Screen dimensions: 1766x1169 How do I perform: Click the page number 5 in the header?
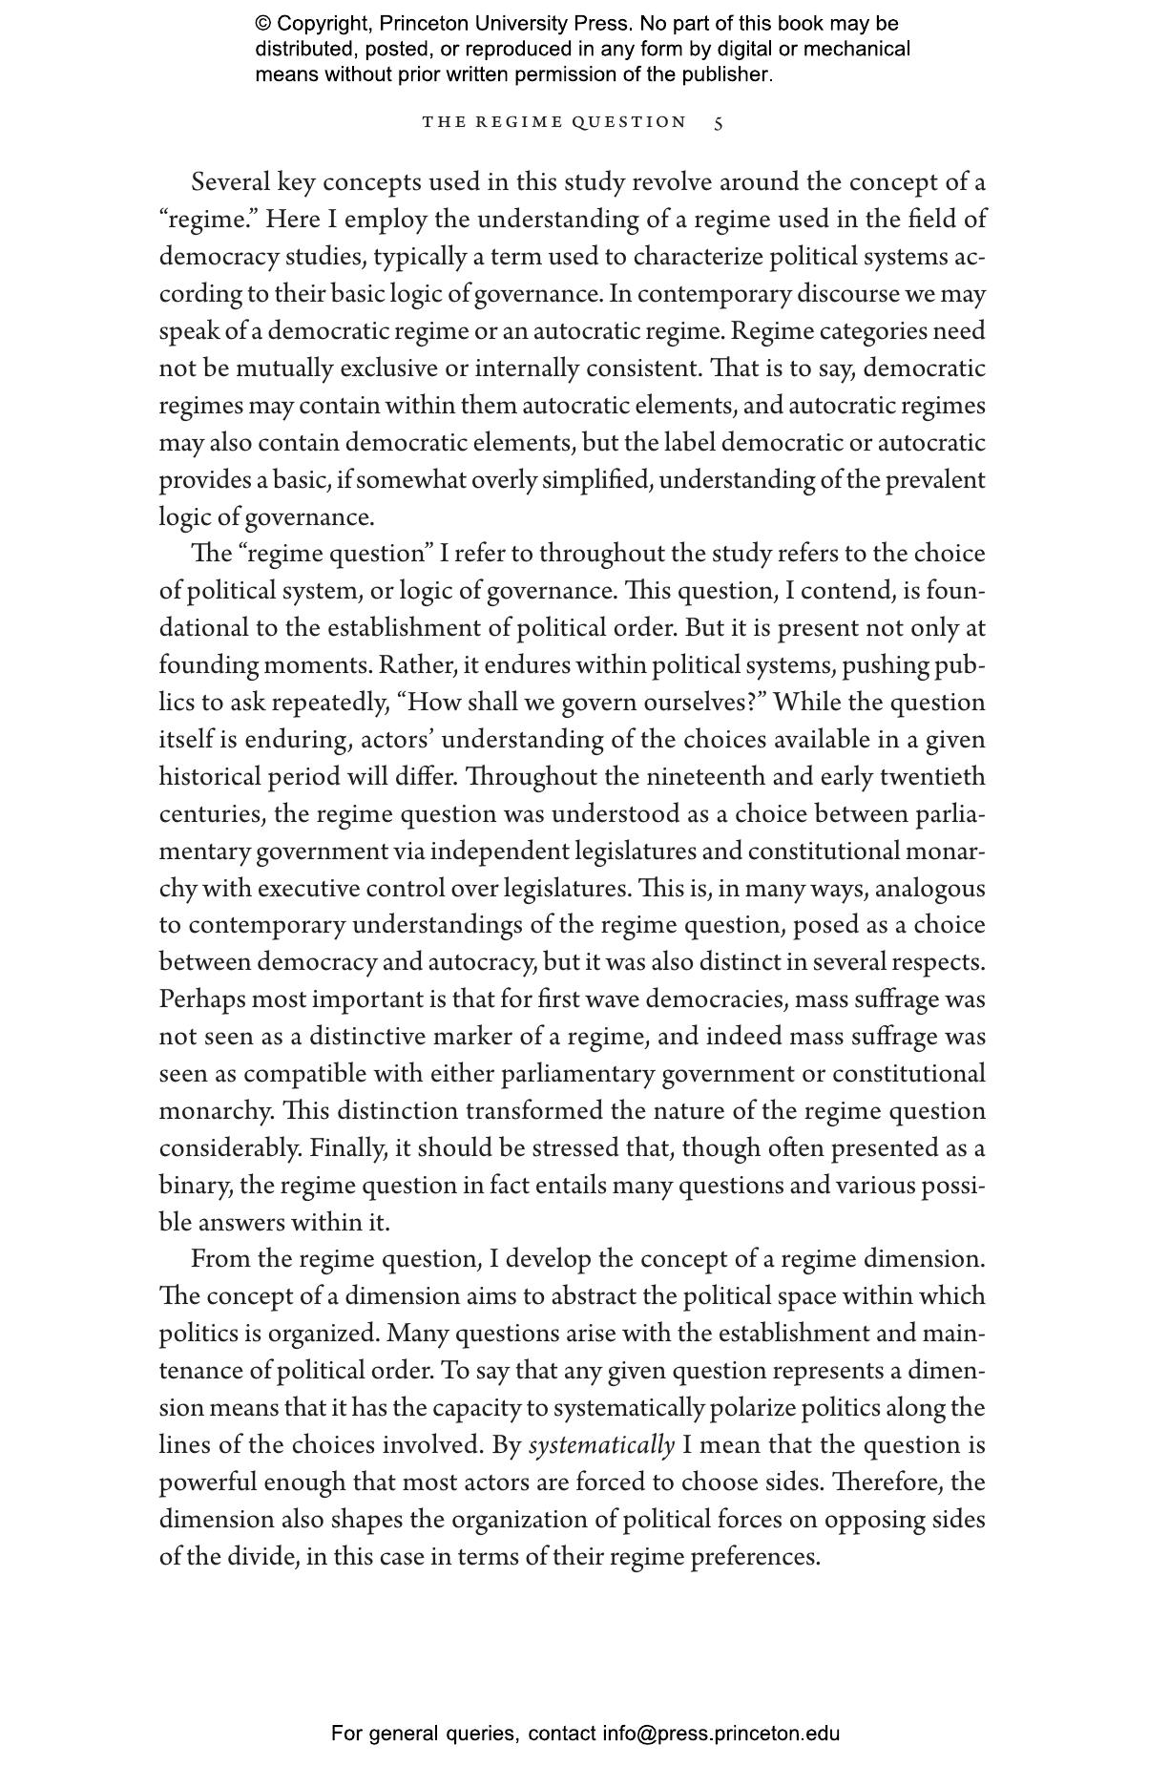(x=719, y=123)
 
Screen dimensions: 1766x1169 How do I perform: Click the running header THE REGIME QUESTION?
(x=554, y=122)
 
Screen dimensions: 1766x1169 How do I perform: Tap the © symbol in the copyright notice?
(x=263, y=24)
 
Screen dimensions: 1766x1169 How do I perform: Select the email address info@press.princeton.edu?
(x=720, y=1734)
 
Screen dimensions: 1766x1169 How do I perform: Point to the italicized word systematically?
(x=601, y=1445)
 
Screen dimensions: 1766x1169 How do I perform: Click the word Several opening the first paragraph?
(x=230, y=181)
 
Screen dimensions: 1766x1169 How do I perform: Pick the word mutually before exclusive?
(x=284, y=368)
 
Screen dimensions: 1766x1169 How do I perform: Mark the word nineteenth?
(x=706, y=777)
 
